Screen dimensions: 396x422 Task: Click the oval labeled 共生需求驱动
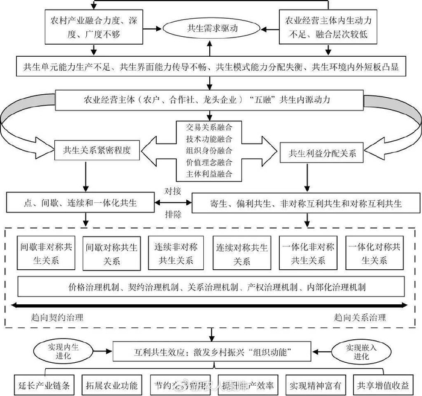point(210,28)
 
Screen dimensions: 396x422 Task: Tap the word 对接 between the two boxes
point(173,191)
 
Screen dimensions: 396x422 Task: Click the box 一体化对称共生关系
point(374,254)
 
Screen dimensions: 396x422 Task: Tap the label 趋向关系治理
point(360,316)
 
